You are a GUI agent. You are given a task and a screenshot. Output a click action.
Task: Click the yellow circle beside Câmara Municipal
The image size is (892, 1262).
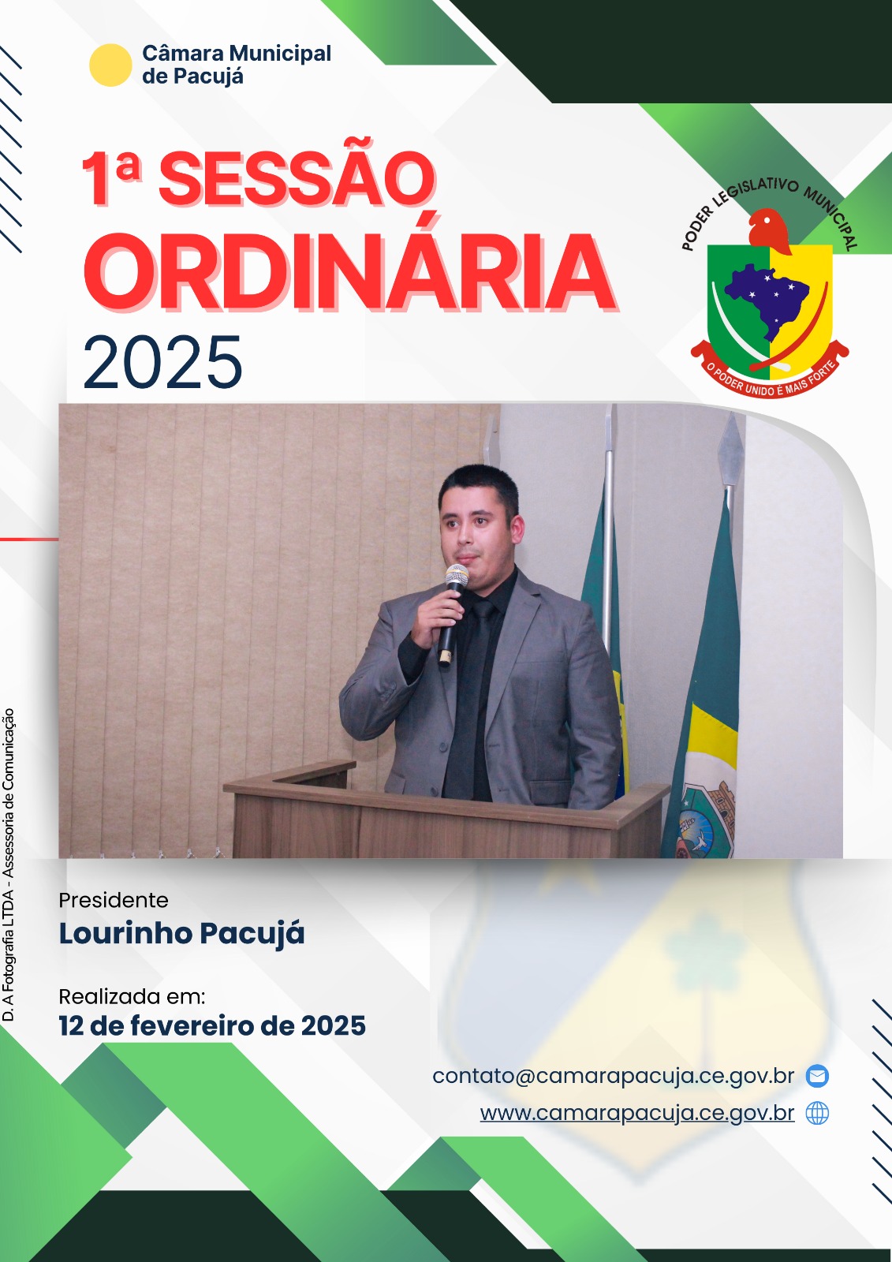click(110, 65)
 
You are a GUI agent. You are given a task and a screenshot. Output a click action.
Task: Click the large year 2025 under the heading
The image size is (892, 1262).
click(162, 362)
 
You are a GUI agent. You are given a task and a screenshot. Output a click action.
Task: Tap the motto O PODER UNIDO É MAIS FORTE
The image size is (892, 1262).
click(771, 376)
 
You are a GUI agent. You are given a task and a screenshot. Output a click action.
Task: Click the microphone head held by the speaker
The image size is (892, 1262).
click(457, 577)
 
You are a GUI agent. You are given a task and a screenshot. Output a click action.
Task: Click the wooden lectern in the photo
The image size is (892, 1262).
click(445, 812)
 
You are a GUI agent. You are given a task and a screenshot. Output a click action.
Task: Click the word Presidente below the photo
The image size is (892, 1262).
click(114, 900)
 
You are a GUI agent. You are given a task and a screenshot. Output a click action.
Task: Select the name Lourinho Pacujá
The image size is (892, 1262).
click(181, 934)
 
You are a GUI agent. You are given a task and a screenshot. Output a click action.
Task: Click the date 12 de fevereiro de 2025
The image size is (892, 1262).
click(212, 1025)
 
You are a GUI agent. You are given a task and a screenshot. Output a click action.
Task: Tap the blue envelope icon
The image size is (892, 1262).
click(817, 1076)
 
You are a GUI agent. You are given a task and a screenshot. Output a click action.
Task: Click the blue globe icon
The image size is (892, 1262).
click(817, 1113)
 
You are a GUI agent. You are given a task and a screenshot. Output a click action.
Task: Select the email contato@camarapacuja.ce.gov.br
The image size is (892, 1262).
click(613, 1076)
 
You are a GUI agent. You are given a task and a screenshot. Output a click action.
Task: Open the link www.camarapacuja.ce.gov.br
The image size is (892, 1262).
click(637, 1113)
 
